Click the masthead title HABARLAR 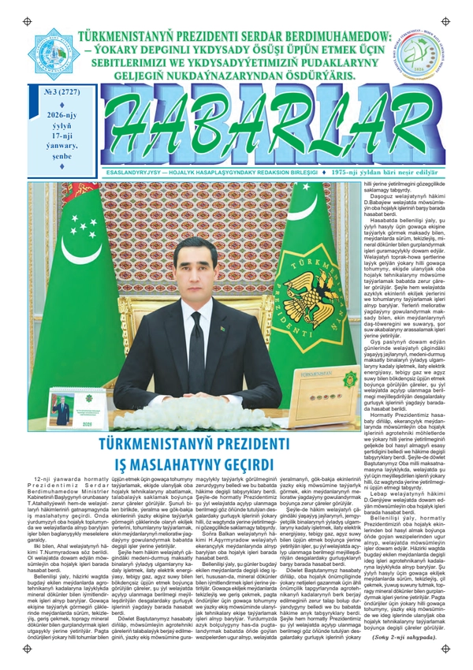tap(261, 128)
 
